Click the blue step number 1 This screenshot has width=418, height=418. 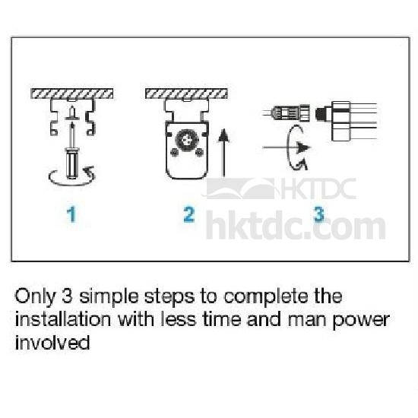[x=71, y=214]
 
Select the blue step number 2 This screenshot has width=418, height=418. [x=189, y=214]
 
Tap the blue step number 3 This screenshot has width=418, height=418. [x=319, y=214]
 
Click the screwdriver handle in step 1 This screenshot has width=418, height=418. [x=71, y=163]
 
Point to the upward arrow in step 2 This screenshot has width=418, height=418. [x=223, y=153]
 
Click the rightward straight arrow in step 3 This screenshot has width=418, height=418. [x=287, y=147]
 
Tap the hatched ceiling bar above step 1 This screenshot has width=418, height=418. [x=71, y=93]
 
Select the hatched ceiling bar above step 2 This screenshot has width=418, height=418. [x=186, y=93]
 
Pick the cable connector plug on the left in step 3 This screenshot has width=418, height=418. [x=290, y=113]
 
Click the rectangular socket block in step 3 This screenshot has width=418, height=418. [x=340, y=122]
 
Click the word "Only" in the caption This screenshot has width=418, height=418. [x=36, y=296]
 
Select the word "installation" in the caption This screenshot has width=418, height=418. [x=62, y=319]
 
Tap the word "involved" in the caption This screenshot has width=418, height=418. [x=52, y=342]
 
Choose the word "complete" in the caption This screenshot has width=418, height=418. [x=267, y=296]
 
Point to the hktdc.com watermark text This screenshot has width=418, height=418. [x=296, y=225]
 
